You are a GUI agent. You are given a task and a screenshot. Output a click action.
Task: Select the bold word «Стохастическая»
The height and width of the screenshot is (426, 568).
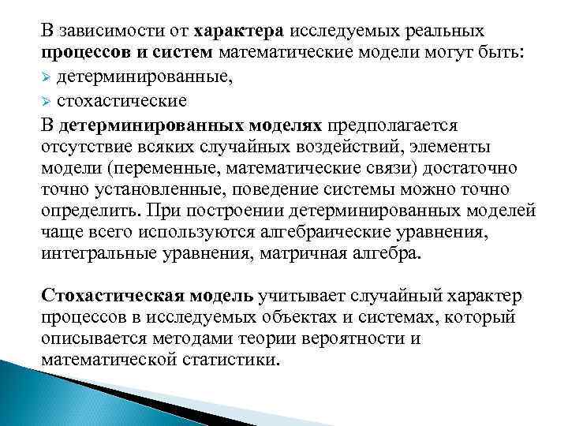click(110, 296)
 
